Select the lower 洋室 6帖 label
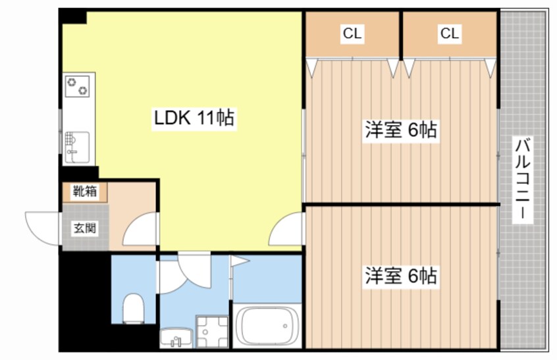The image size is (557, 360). (401, 276)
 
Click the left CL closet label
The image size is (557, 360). (352, 34)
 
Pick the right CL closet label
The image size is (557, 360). (450, 34)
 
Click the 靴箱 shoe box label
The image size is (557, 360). (85, 193)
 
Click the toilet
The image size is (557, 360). (134, 307)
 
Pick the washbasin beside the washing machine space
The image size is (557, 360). (176, 337)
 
